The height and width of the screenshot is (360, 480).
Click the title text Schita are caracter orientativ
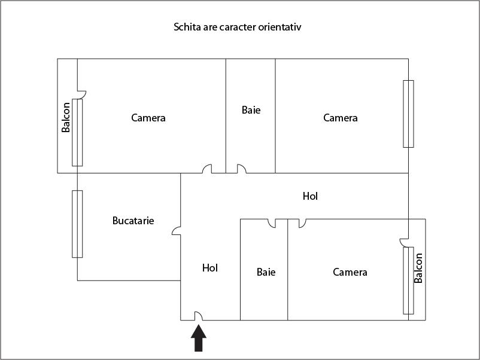pos(241,28)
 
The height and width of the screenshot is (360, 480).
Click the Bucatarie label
pos(133,221)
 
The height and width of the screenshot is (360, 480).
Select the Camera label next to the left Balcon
pos(148,118)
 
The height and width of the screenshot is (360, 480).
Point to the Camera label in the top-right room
pos(341,118)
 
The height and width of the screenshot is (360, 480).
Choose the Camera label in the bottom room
pos(350,272)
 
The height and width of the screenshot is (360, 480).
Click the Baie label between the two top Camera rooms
pos(251,110)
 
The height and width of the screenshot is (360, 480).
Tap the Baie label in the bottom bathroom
pos(266,272)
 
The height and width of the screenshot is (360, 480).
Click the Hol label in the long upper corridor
pos(310,196)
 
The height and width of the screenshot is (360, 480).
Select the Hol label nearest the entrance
pos(210,268)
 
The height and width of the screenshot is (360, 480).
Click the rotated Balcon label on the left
pos(66,117)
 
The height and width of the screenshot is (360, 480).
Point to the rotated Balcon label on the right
pos(418,268)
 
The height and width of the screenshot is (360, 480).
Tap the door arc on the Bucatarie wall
pos(177,230)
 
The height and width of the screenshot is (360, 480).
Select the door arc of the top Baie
pos(241,169)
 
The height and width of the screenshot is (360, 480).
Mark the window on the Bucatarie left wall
pos(77,224)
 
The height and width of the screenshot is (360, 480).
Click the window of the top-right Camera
pos(408,114)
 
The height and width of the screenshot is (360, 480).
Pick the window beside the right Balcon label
pos(408,280)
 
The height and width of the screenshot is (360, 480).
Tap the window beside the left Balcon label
pos(77,132)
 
